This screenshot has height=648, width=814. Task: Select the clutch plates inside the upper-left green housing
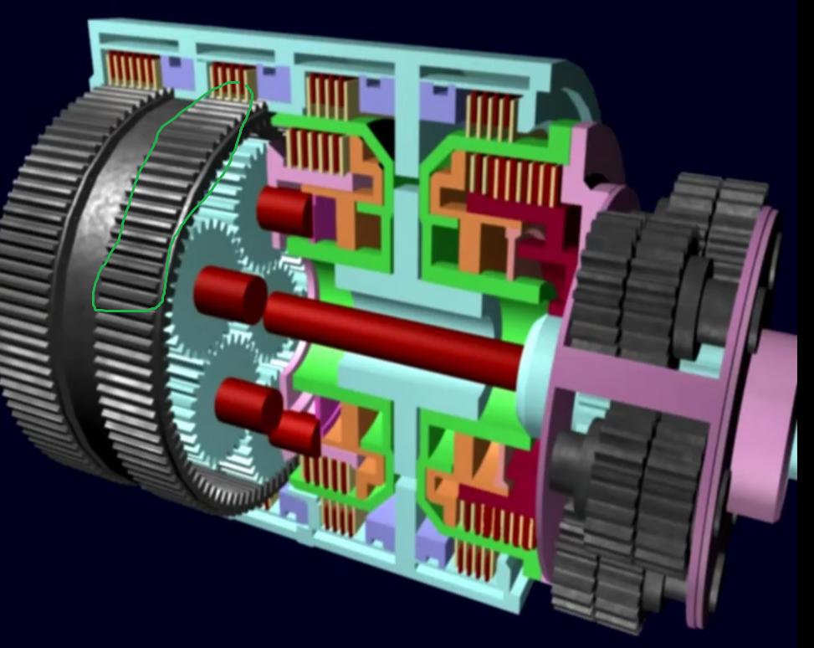click(313, 151)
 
